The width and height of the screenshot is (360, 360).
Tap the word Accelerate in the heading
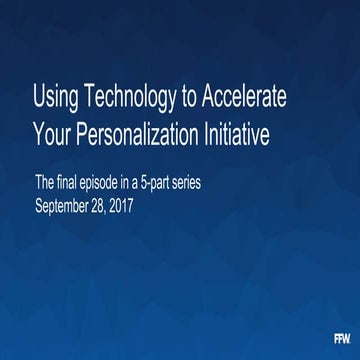(x=245, y=101)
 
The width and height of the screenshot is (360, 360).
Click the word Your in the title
(x=52, y=133)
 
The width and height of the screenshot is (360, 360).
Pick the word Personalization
(x=143, y=133)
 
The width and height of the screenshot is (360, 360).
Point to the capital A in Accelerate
(x=209, y=101)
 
